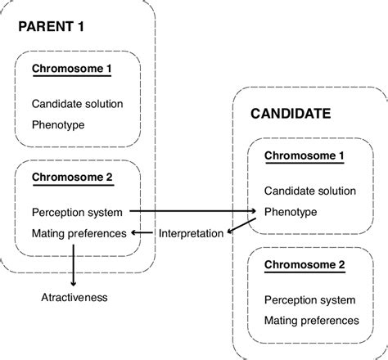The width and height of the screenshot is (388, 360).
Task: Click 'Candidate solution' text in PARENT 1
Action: (77, 105)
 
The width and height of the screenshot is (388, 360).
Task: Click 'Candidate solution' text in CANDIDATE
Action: (309, 191)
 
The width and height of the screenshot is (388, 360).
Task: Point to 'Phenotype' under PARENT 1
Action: (57, 125)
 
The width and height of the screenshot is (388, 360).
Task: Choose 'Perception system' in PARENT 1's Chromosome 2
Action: (77, 213)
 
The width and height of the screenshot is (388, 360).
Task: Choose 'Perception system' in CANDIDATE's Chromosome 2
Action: (309, 299)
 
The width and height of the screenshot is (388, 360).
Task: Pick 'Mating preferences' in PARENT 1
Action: (79, 233)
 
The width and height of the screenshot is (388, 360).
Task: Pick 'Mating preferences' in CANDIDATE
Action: (311, 320)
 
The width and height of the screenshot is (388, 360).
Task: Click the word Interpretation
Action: (190, 233)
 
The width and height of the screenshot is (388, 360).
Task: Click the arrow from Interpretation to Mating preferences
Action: (142, 233)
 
